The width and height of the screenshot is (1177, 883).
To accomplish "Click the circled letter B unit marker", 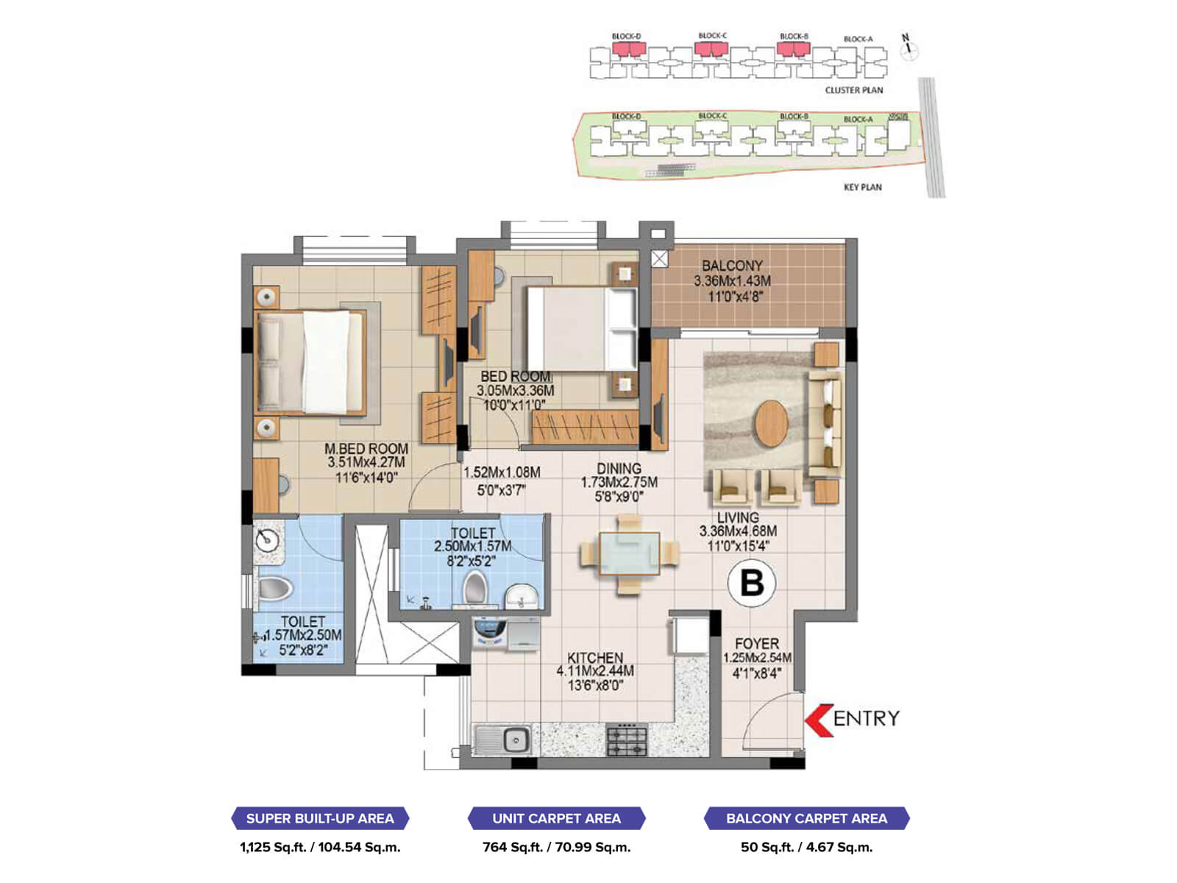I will coord(752,583).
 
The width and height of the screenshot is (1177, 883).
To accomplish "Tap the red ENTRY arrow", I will coord(818,719).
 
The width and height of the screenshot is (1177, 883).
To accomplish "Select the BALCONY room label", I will coord(732,266).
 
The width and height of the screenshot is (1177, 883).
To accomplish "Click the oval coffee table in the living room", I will coord(771,423).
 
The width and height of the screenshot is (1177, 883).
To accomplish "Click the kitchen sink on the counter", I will coord(503,739).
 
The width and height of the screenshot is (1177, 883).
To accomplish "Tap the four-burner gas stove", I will coord(627,740).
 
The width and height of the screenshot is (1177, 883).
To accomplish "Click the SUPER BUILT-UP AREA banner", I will coord(320,818).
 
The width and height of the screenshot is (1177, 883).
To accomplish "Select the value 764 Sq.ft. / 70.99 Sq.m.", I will coord(557,847).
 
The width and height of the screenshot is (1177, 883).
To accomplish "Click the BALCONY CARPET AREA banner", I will coord(806,818).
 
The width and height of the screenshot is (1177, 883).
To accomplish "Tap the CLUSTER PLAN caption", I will coord(853,90).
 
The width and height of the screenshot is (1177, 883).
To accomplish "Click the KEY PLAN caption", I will coord(862,187).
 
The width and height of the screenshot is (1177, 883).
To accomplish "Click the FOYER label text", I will coord(756,644).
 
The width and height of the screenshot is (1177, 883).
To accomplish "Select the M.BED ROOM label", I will coord(366,449).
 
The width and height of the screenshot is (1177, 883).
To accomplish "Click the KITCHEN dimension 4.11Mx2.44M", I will coord(595,671).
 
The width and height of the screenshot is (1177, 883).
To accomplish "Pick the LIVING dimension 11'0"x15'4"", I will coord(738,546).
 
